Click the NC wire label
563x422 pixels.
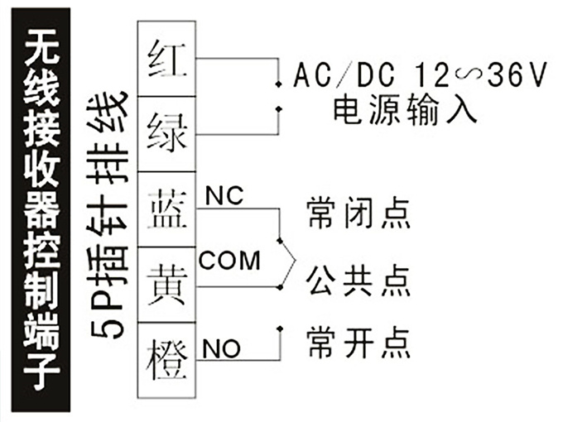(222, 197)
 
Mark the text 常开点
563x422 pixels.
(358, 340)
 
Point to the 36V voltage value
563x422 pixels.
(517, 77)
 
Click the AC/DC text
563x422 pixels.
(339, 77)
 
